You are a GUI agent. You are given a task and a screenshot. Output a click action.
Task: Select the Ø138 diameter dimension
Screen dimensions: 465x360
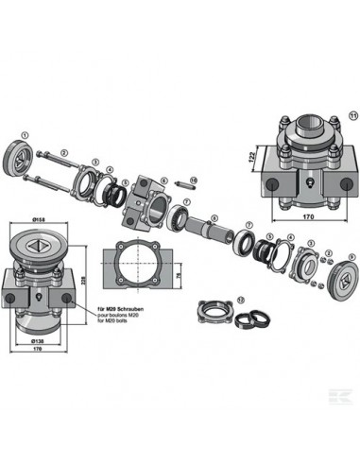pos(39,337)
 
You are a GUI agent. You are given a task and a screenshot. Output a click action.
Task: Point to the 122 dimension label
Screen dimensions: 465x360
pos(251,157)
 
